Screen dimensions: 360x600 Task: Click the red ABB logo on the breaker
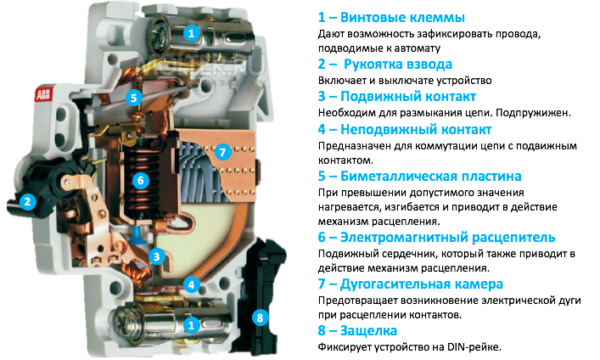coord(43,94)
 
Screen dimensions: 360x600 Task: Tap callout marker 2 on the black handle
coord(27,202)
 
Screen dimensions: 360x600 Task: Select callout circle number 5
coord(133,98)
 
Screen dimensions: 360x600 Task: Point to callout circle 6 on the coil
coord(142,180)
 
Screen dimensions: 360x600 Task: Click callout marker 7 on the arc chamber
coord(222,153)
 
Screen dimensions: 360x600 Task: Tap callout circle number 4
coord(193,285)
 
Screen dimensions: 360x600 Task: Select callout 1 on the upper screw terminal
coord(192,33)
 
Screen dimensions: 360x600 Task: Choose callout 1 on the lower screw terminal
coord(192,324)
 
